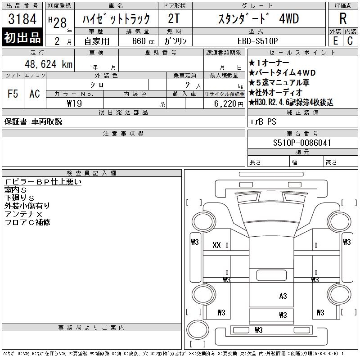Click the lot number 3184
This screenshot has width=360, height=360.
tap(22, 19)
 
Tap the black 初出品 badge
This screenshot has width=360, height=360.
tap(22, 37)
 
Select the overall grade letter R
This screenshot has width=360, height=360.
tap(343, 18)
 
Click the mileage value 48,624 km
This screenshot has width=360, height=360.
tap(49, 64)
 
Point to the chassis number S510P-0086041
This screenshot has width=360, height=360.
tap(302, 143)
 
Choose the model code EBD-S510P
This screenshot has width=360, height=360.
tap(257, 41)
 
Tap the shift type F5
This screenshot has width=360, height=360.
tap(13, 94)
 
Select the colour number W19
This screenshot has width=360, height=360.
tap(74, 103)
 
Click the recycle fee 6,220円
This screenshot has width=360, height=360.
tap(229, 104)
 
